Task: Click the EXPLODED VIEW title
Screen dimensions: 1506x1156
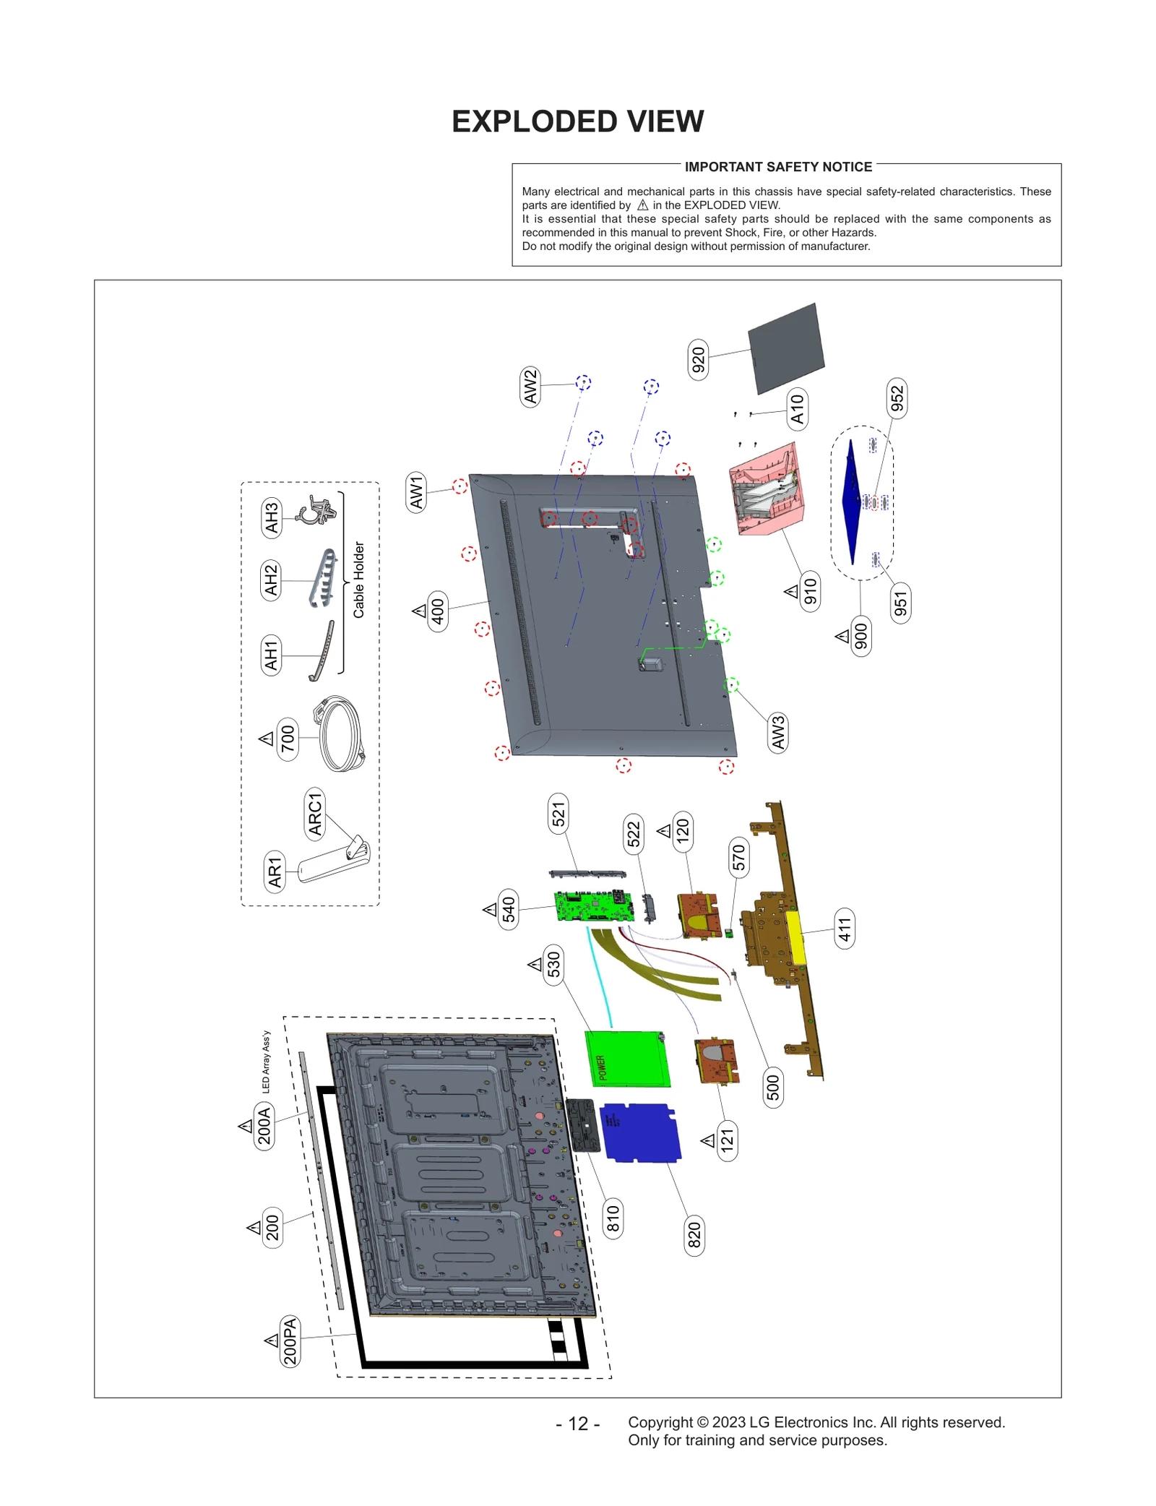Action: pyautogui.click(x=577, y=121)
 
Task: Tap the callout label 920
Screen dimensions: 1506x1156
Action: pyautogui.click(x=698, y=359)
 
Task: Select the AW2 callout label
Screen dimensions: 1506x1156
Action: pyautogui.click(x=530, y=387)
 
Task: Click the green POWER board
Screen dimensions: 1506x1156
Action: pyautogui.click(x=627, y=1058)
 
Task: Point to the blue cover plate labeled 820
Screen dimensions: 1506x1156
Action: pyautogui.click(x=641, y=1132)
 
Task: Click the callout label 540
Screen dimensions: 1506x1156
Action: pyautogui.click(x=509, y=909)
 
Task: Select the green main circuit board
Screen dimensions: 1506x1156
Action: pyautogui.click(x=594, y=906)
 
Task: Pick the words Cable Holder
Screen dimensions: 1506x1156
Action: pyautogui.click(x=358, y=580)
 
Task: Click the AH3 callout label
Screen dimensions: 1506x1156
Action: pyautogui.click(x=271, y=517)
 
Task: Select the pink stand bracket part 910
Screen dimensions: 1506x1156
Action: pyautogui.click(x=766, y=489)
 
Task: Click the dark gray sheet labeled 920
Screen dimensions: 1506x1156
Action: pyautogui.click(x=786, y=348)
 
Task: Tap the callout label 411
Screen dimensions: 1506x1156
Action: pyautogui.click(x=845, y=928)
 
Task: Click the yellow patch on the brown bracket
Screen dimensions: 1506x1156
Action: pyautogui.click(x=794, y=937)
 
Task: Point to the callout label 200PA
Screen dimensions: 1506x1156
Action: pyautogui.click(x=290, y=1341)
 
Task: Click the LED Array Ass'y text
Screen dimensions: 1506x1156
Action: pyautogui.click(x=266, y=1061)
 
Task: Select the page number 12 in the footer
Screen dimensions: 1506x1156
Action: pyautogui.click(x=577, y=1423)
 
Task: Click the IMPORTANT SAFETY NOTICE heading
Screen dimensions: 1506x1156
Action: pyautogui.click(x=777, y=167)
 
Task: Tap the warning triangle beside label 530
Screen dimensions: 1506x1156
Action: pyautogui.click(x=535, y=964)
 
